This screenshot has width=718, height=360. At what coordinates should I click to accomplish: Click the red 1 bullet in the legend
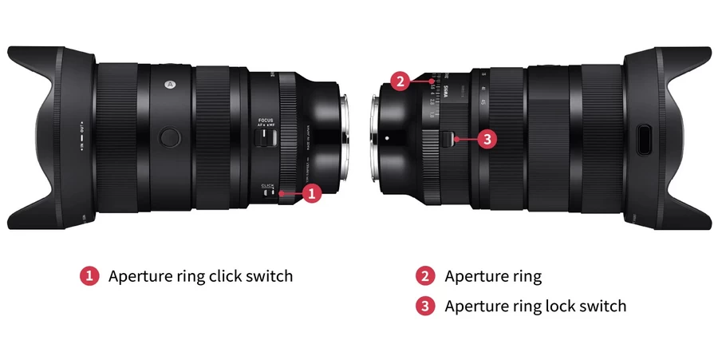89,277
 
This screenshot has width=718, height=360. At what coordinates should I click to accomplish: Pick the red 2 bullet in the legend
424,277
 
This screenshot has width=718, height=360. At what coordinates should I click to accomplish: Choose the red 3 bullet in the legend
424,306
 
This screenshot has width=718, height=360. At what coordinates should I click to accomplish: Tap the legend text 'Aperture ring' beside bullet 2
493,277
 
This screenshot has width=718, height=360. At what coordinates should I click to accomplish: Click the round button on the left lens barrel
168,136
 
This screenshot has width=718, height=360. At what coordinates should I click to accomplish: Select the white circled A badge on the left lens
169,82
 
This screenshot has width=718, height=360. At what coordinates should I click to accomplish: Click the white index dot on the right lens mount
387,137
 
